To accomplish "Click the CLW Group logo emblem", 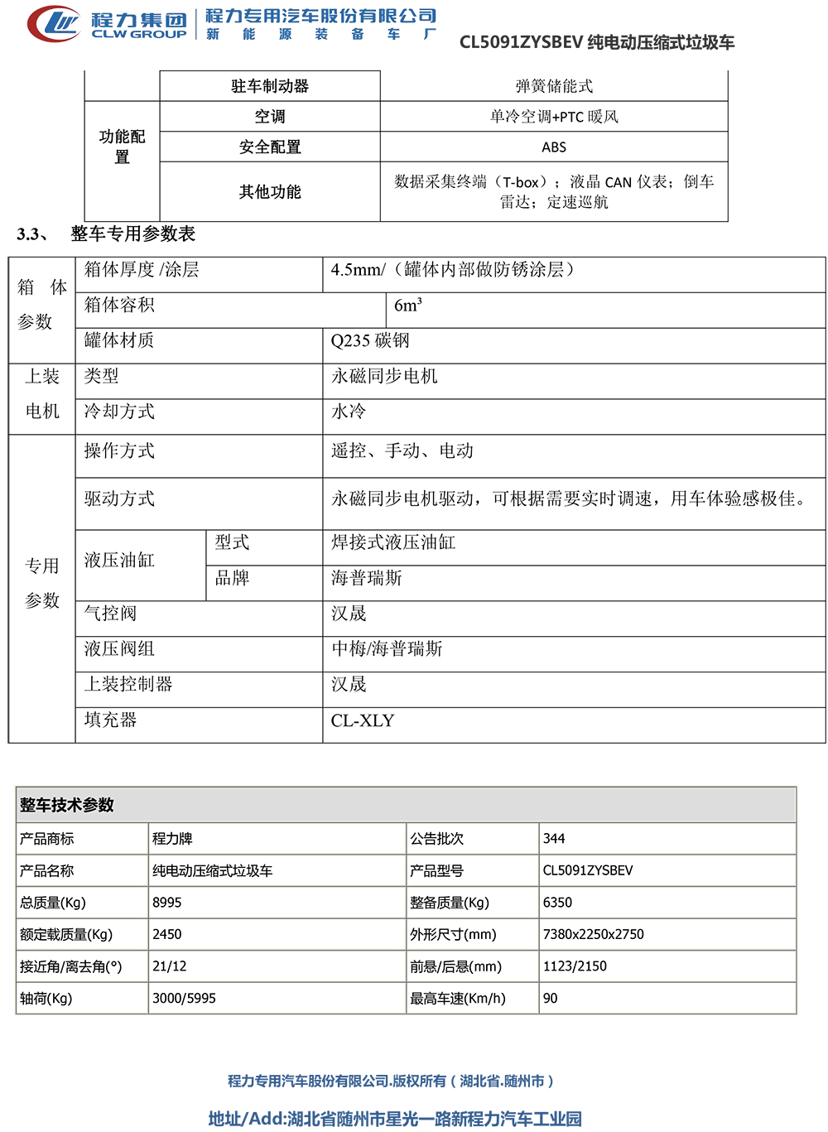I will click(x=55, y=23).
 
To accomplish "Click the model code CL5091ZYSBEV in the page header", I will click(x=521, y=42).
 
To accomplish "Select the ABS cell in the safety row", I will click(x=554, y=147).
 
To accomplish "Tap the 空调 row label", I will click(x=270, y=117).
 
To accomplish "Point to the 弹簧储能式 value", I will click(x=554, y=86).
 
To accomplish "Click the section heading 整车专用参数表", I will click(x=132, y=234).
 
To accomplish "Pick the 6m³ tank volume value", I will click(x=408, y=306).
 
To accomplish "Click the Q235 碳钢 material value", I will click(x=370, y=340).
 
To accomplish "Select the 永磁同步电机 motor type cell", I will click(x=384, y=376).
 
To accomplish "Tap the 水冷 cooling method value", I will click(x=349, y=412).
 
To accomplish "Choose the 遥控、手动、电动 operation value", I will click(x=402, y=450).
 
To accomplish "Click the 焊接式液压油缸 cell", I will click(x=393, y=542).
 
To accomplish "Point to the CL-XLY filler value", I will click(x=363, y=720).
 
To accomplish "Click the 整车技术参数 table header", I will click(x=67, y=805).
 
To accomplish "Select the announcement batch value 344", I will click(x=554, y=839).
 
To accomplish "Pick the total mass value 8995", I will click(x=167, y=903).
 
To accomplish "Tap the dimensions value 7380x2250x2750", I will click(x=593, y=934).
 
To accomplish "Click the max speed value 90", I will click(x=551, y=999).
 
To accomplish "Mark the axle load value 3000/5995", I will click(x=184, y=999).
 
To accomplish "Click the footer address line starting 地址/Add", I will click(x=395, y=1119).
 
